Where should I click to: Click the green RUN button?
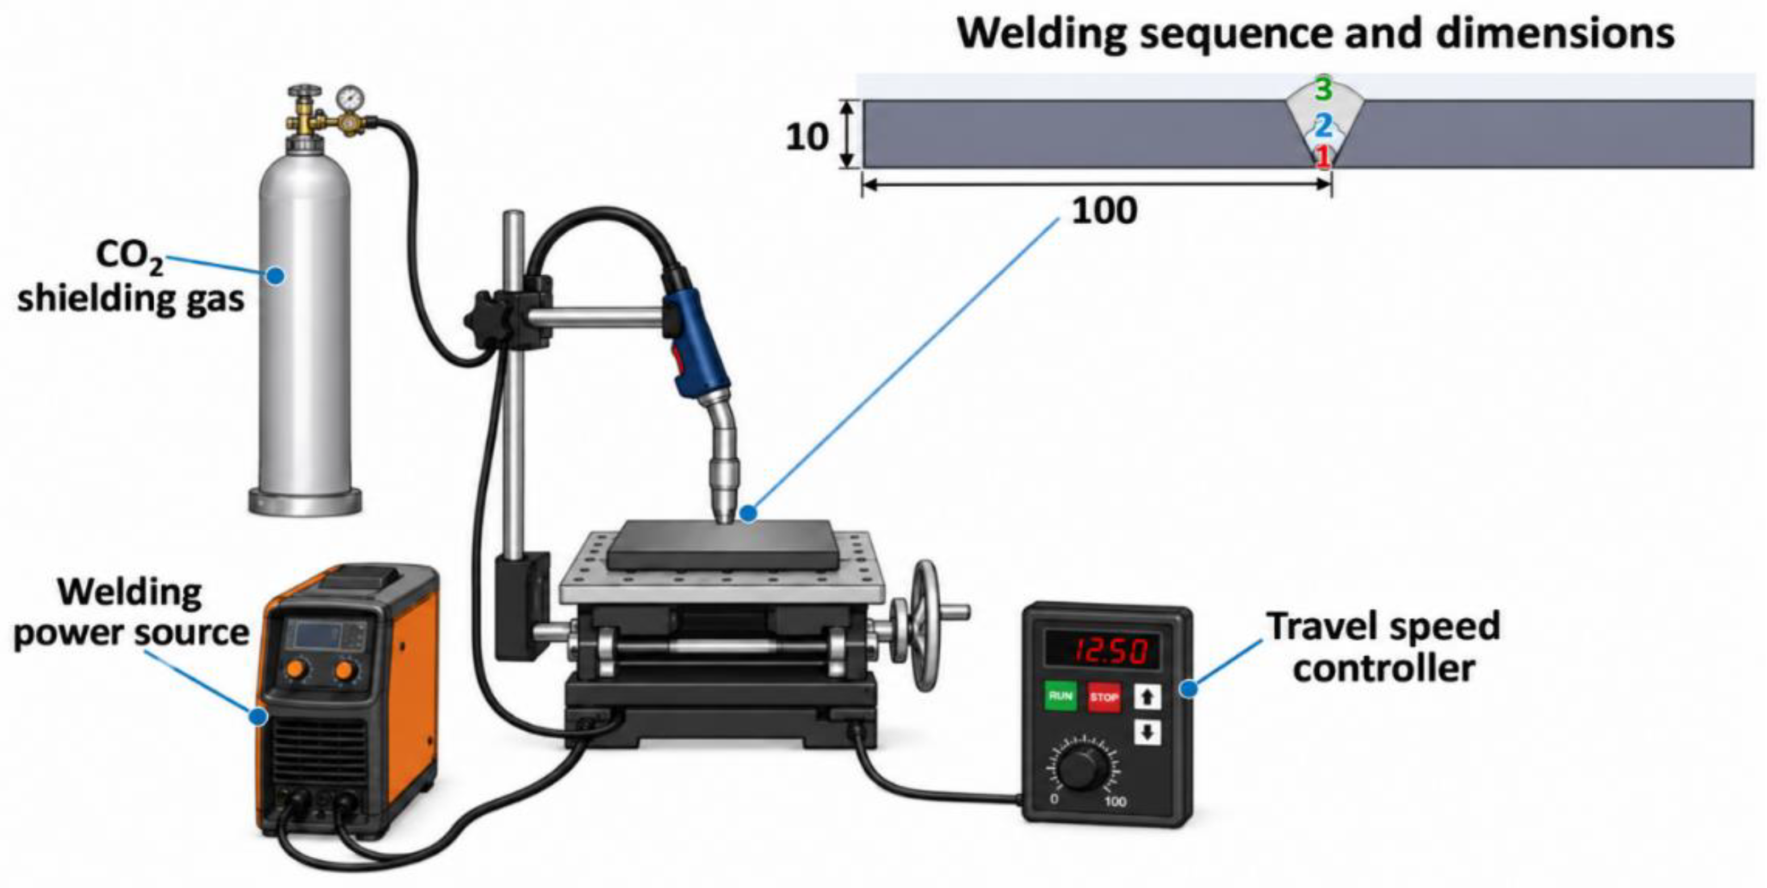pos(1061,696)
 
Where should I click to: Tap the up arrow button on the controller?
pos(1147,697)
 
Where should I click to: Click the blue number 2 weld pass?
pos(1323,125)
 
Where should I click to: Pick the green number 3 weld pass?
pos(1323,89)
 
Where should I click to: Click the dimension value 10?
pos(807,137)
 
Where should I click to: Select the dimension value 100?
pos(1104,210)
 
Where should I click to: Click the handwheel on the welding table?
pos(925,625)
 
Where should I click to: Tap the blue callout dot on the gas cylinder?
pos(276,276)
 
